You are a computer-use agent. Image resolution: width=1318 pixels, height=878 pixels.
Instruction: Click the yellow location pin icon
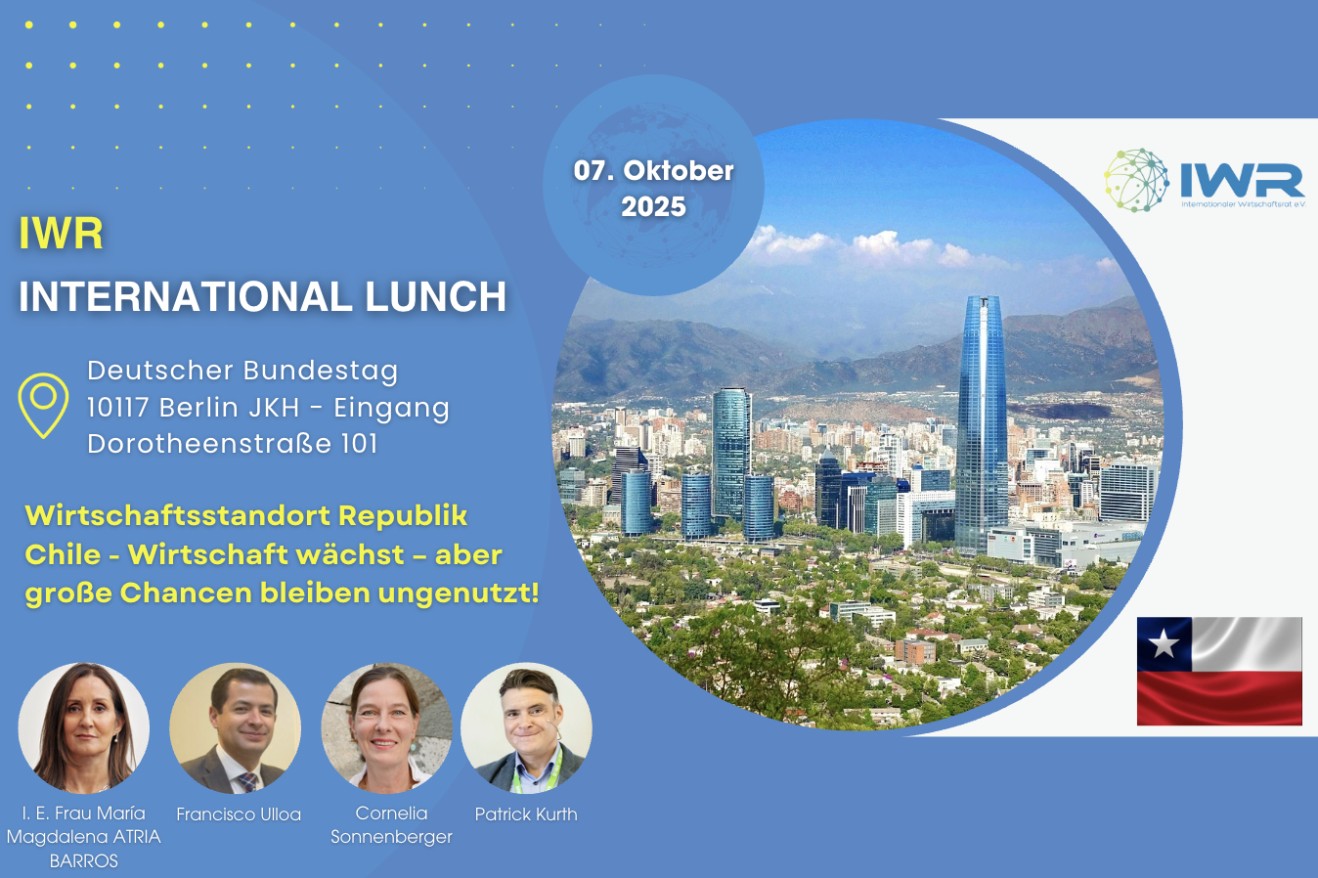[43, 405]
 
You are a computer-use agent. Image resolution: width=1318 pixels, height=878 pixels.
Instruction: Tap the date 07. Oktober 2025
[653, 189]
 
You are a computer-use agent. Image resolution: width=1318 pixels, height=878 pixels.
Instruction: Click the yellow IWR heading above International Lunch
[61, 234]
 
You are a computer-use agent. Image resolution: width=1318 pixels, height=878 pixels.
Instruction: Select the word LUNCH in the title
[435, 296]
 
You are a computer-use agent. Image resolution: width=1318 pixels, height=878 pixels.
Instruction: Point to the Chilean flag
[1219, 671]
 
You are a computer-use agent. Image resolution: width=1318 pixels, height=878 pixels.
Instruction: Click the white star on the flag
[1164, 643]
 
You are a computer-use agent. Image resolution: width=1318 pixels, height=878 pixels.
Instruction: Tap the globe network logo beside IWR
[1136, 180]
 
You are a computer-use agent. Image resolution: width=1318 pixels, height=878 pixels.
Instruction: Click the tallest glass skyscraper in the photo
[982, 423]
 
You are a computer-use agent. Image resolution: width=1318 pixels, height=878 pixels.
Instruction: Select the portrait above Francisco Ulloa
[236, 728]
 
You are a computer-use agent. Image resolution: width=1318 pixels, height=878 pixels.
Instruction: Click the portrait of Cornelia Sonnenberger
[386, 728]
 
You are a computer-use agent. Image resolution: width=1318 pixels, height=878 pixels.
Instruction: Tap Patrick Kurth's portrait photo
[527, 728]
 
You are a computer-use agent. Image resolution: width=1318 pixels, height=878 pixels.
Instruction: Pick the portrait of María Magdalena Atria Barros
[83, 728]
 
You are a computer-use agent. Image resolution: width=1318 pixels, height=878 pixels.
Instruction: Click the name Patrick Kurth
[526, 814]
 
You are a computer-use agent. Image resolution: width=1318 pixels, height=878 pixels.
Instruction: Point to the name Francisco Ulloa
[239, 814]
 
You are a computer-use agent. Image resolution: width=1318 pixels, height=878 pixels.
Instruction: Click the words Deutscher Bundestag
[242, 372]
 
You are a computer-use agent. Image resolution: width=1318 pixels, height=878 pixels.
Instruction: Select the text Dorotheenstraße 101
[233, 444]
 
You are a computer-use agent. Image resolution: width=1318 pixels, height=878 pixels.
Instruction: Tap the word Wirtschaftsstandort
[178, 515]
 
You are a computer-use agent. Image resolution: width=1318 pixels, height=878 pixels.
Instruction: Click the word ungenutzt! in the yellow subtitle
[459, 593]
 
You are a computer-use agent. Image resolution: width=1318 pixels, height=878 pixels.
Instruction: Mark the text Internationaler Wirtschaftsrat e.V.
[1244, 204]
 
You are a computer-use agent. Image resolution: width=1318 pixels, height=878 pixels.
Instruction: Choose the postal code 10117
[117, 407]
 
